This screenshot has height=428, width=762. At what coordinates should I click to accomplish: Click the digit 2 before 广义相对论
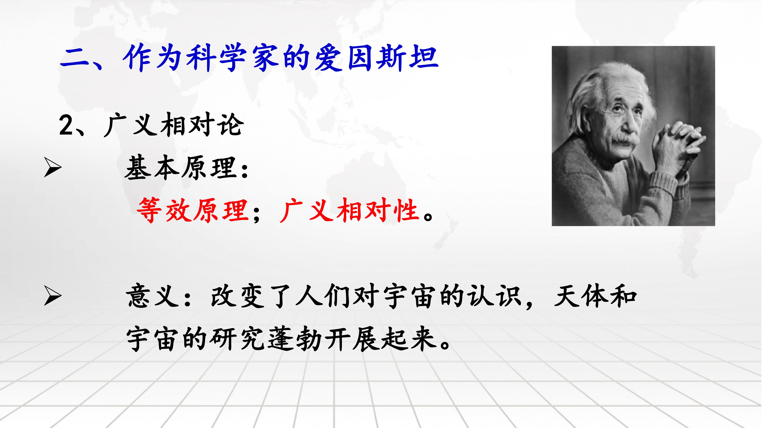(x=66, y=125)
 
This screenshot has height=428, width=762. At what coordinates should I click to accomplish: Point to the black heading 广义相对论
(x=174, y=125)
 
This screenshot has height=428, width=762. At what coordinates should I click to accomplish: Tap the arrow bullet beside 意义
(x=53, y=296)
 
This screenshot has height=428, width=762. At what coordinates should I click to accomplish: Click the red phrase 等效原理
(x=193, y=210)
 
